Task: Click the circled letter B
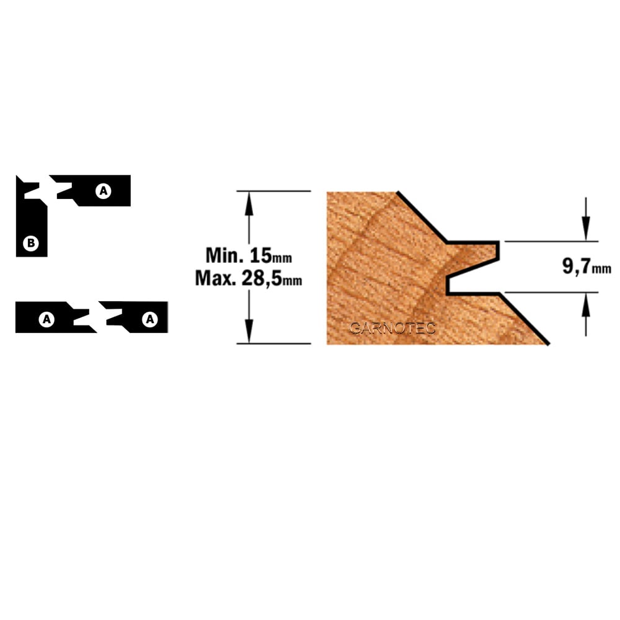(31, 243)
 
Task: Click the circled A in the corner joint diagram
(103, 191)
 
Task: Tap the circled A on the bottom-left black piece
(46, 319)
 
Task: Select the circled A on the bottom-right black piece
(150, 319)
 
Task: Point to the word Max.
(216, 278)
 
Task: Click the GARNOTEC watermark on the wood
(392, 328)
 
